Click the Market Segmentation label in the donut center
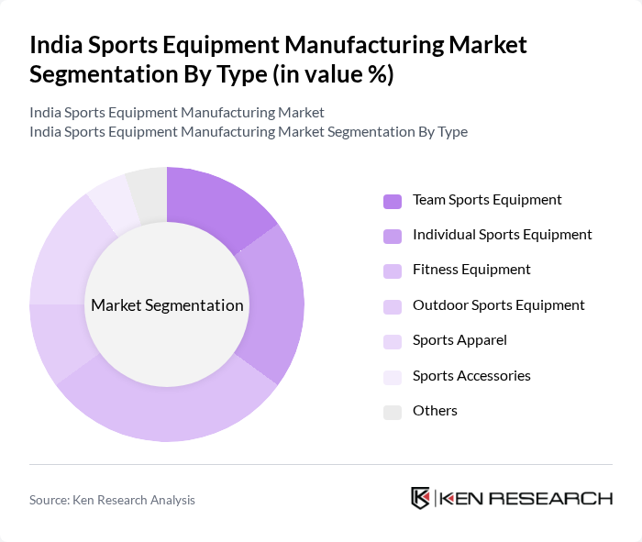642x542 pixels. click(167, 305)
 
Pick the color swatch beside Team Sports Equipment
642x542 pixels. click(393, 201)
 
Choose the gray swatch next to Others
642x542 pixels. click(393, 412)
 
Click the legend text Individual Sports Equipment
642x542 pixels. click(502, 235)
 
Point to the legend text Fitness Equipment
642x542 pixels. click(471, 270)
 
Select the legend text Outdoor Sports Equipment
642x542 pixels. click(498, 305)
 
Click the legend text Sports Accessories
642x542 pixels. click(471, 376)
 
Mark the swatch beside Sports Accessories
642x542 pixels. click(393, 377)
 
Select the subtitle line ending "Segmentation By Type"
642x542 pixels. click(249, 132)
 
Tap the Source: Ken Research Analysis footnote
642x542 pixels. click(112, 500)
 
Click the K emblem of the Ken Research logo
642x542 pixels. click(421, 498)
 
